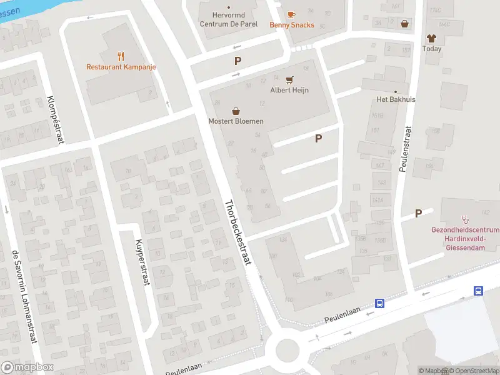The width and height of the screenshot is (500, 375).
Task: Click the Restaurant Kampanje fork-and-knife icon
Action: point(121,55)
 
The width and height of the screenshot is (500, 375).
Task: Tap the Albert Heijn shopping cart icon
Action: point(289,79)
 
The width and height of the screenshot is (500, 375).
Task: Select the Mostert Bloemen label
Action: point(236,121)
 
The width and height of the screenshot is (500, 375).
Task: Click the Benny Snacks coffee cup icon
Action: point(291,14)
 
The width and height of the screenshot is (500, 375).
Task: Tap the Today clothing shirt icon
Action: point(431,38)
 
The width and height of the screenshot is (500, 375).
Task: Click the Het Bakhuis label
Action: point(396,99)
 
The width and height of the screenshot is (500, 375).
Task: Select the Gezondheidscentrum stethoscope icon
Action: point(465,219)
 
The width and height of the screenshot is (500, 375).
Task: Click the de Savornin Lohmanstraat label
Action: point(24,297)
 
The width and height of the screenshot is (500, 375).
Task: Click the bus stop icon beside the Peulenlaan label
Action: point(379,304)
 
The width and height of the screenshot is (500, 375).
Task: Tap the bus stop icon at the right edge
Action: point(478,290)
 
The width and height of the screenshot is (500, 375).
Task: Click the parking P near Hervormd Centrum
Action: point(237,61)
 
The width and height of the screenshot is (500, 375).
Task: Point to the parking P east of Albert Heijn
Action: point(319,139)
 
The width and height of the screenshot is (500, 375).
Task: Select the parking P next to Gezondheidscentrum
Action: point(418,213)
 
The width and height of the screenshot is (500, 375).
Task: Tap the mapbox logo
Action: point(27,367)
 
